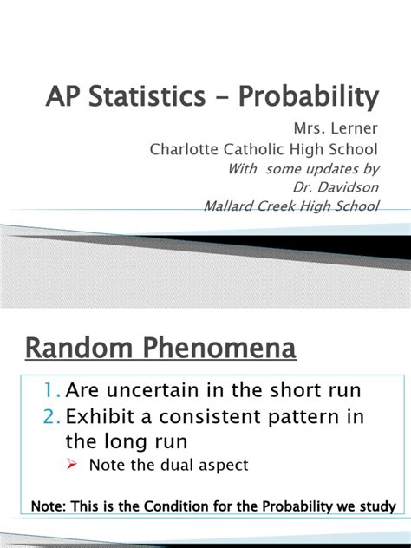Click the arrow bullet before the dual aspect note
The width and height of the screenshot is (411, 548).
pos(74,466)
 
